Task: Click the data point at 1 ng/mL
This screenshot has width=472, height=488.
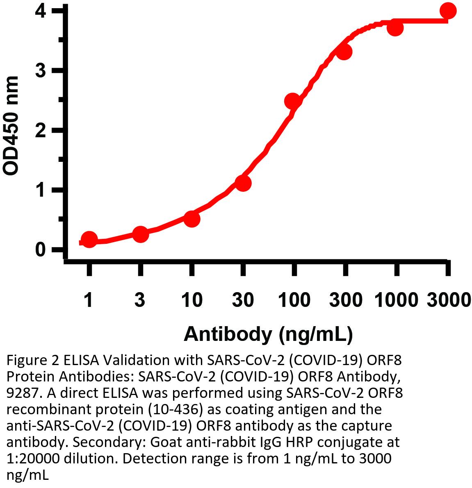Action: [89, 239]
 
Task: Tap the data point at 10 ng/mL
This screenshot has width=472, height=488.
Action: [192, 219]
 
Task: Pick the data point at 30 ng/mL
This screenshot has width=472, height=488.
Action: [243, 183]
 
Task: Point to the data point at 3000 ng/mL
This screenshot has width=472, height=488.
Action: [448, 11]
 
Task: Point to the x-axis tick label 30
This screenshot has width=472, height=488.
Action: [243, 300]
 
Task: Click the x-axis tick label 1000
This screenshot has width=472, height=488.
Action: [396, 300]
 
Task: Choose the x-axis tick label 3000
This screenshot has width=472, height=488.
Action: [448, 300]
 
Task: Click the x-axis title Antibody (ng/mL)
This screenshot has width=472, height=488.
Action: [268, 334]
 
